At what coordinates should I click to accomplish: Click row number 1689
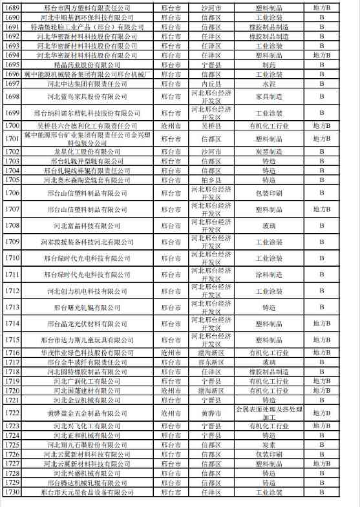[x=12, y=8]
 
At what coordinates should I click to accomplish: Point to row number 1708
[x=12, y=225]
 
